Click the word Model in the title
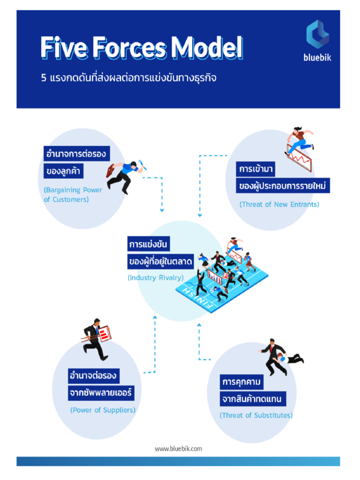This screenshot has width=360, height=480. (x=207, y=47)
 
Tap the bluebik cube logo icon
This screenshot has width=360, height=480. (x=317, y=34)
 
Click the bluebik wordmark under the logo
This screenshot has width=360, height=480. (x=317, y=58)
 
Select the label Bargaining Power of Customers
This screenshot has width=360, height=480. (x=73, y=195)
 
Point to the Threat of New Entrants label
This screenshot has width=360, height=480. (x=279, y=204)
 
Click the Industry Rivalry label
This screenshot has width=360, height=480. (x=156, y=277)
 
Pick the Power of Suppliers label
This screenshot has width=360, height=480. (x=103, y=410)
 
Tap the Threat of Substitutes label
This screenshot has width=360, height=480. (x=256, y=415)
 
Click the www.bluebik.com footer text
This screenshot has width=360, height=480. (x=178, y=449)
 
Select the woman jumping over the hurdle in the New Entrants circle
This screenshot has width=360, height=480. (x=300, y=140)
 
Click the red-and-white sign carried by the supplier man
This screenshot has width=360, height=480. (x=104, y=333)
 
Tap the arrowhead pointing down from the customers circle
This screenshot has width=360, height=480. (x=162, y=210)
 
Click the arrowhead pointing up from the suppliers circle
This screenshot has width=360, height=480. (x=155, y=318)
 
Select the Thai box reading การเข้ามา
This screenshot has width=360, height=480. (x=255, y=169)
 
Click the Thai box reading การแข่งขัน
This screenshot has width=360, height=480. (x=149, y=244)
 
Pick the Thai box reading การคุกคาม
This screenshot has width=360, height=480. (x=241, y=382)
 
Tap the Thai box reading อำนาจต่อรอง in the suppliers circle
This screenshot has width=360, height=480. (x=93, y=376)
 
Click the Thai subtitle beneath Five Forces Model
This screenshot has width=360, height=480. (x=129, y=78)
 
